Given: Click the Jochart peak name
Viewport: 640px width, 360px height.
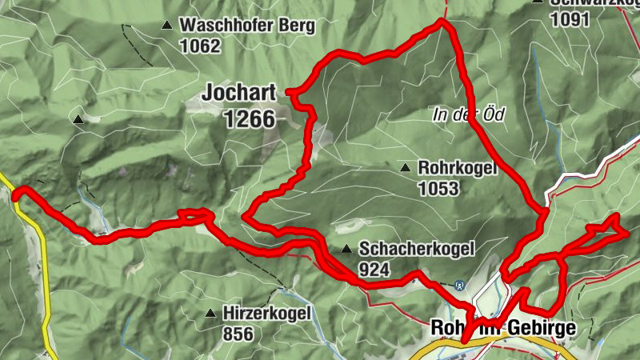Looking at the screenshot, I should point(238,94).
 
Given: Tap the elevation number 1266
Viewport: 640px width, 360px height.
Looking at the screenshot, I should point(250,120).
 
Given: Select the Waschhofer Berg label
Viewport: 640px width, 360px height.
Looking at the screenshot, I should point(247,26).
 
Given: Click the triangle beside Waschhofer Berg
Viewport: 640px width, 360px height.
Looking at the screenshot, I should point(166,26).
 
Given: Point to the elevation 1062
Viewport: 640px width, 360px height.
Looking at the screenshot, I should point(200,46).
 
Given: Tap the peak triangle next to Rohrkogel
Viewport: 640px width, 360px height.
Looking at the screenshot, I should point(406,169).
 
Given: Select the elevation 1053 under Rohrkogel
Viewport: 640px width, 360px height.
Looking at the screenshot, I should point(438,189).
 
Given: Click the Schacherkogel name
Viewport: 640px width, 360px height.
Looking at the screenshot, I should point(417,249).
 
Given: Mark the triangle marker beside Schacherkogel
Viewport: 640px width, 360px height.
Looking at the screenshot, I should point(346,249).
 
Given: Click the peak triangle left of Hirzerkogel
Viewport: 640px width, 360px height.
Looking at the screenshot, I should point(210,313).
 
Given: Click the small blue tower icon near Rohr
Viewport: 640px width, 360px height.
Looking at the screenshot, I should point(459,285).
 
